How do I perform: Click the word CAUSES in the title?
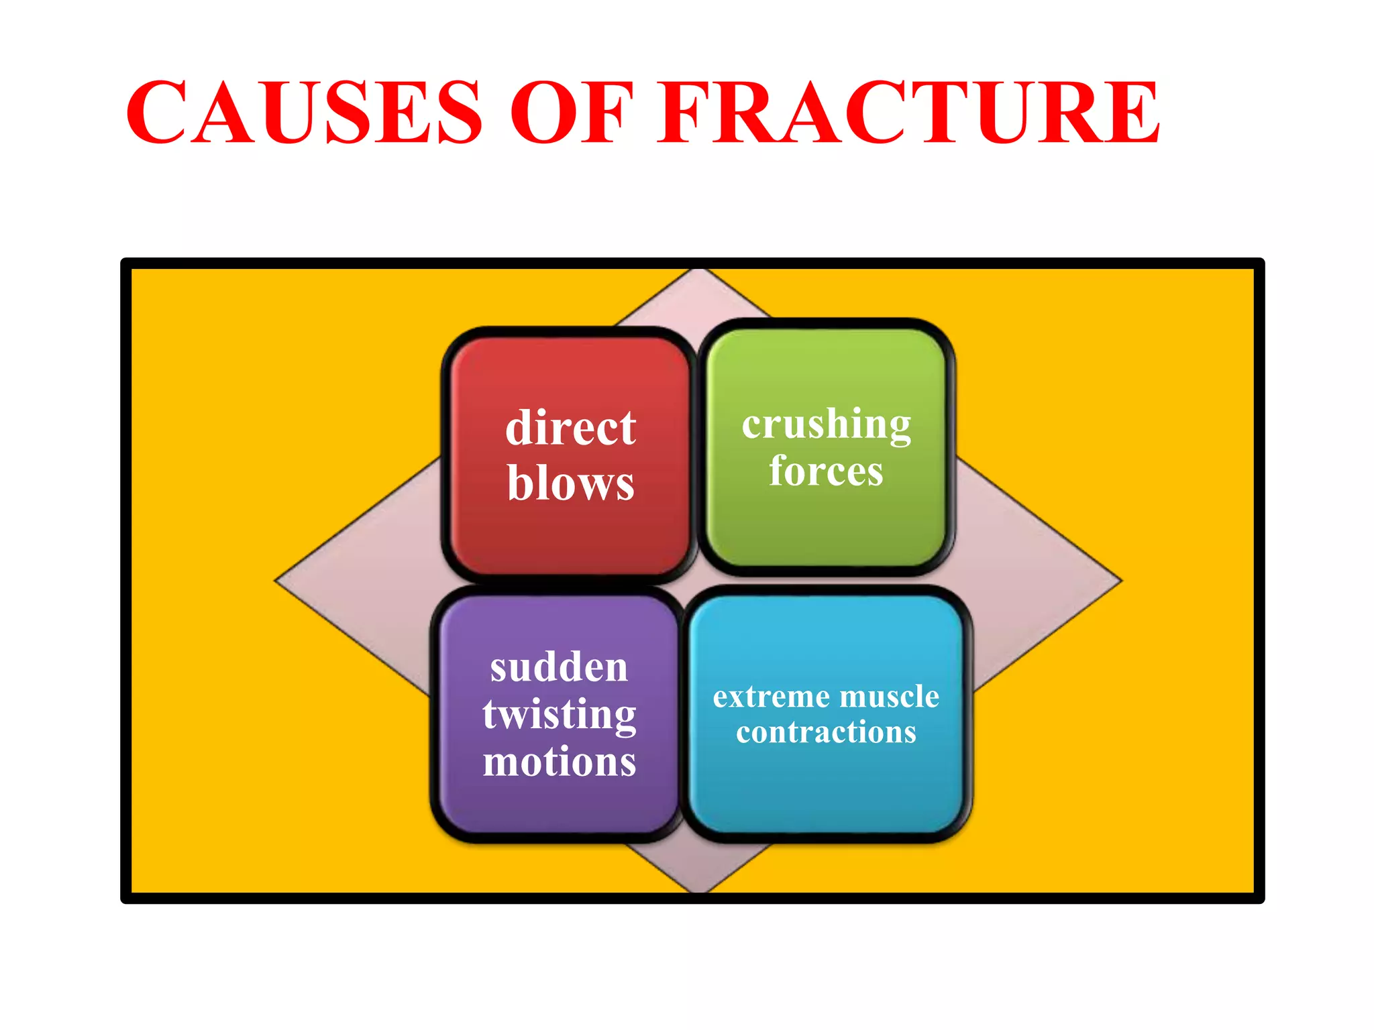(304, 113)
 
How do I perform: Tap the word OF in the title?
(572, 113)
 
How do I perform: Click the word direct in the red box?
(570, 428)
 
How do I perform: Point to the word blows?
(570, 483)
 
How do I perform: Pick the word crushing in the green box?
(826, 424)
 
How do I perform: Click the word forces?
(826, 471)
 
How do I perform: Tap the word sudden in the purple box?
(559, 668)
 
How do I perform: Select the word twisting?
(559, 715)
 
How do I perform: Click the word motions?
(559, 762)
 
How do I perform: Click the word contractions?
(826, 732)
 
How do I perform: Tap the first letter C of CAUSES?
(158, 113)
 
